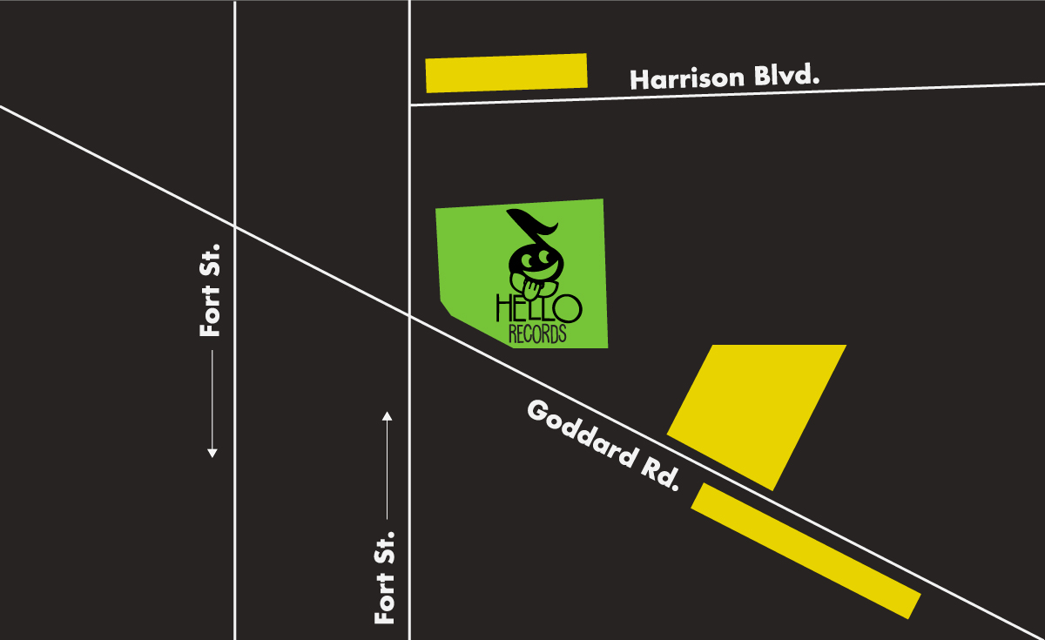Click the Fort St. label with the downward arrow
pyautogui.click(x=211, y=290)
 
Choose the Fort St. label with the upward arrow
pyautogui.click(x=386, y=576)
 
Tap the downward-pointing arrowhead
pyautogui.click(x=212, y=452)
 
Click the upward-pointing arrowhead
pyautogui.click(x=387, y=415)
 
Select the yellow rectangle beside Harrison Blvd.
pyautogui.click(x=506, y=73)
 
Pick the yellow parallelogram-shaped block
pyautogui.click(x=757, y=414)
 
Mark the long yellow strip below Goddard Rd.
pyautogui.click(x=806, y=551)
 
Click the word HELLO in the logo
pyautogui.click(x=538, y=307)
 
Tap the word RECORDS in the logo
pyautogui.click(x=537, y=333)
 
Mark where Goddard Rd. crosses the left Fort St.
pyautogui.click(x=235, y=226)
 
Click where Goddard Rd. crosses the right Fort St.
pyautogui.click(x=409, y=314)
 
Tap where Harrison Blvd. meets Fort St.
pyautogui.click(x=409, y=105)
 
